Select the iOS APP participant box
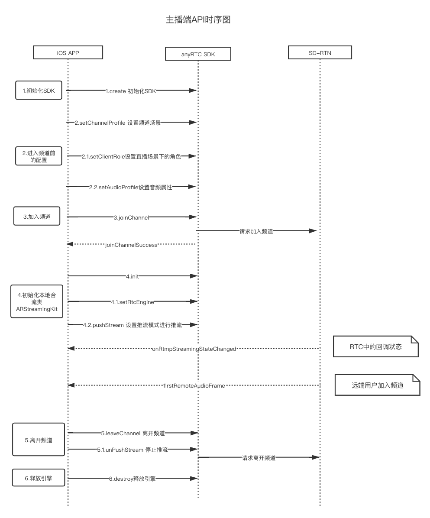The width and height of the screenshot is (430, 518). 68,52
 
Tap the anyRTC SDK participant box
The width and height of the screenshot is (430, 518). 198,54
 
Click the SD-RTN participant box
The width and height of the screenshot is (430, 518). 320,52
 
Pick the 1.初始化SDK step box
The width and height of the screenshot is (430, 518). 39,91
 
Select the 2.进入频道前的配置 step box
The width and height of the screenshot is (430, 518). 39,156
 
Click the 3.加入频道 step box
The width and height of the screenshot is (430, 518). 37,217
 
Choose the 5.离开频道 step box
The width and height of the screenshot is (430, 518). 39,440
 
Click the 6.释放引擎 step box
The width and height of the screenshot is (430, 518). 39,478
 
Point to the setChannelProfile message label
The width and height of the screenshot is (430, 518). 118,123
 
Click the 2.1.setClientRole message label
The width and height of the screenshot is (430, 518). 131,157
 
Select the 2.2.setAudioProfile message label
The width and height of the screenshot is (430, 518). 131,187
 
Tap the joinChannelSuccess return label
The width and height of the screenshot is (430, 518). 132,245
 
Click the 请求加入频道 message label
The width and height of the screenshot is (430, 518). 256,231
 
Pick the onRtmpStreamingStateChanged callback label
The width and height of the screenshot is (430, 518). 194,349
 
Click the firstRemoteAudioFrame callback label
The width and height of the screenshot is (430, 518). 194,385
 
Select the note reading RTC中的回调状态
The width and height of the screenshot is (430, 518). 375,346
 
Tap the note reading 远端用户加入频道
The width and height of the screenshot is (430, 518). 377,385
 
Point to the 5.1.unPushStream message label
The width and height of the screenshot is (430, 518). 133,450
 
